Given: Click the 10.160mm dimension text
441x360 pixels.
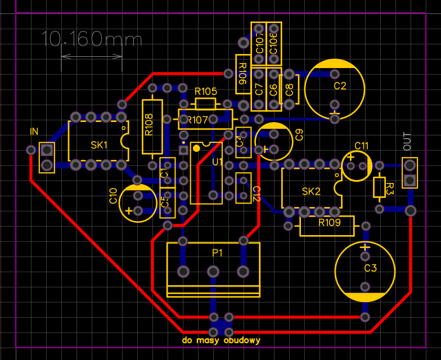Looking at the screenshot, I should click(x=91, y=39).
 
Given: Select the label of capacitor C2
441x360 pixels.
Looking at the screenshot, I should click(x=340, y=86).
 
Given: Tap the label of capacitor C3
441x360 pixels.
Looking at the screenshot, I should click(x=370, y=268).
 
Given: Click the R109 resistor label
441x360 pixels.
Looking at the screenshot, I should click(x=329, y=222).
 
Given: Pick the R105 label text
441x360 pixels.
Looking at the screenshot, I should click(x=205, y=92).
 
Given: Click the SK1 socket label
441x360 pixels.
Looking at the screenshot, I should click(x=98, y=145).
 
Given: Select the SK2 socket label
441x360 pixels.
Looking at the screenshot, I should click(x=310, y=191).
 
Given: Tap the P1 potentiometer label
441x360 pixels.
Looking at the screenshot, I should click(x=217, y=253).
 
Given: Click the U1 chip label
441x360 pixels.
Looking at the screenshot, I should click(x=217, y=162).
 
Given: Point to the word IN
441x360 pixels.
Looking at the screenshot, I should click(x=34, y=132).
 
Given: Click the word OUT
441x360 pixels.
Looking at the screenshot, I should click(x=407, y=141).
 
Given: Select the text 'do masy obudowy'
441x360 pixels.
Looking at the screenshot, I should click(x=221, y=340).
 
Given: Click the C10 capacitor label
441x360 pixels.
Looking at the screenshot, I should click(x=113, y=195).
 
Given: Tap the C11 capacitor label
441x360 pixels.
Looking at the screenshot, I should click(x=361, y=146).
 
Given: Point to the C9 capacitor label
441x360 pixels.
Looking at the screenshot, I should click(x=299, y=135).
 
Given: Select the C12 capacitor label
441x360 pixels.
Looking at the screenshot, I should click(x=256, y=194).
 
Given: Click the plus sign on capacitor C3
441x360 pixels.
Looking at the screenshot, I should click(x=364, y=247).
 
